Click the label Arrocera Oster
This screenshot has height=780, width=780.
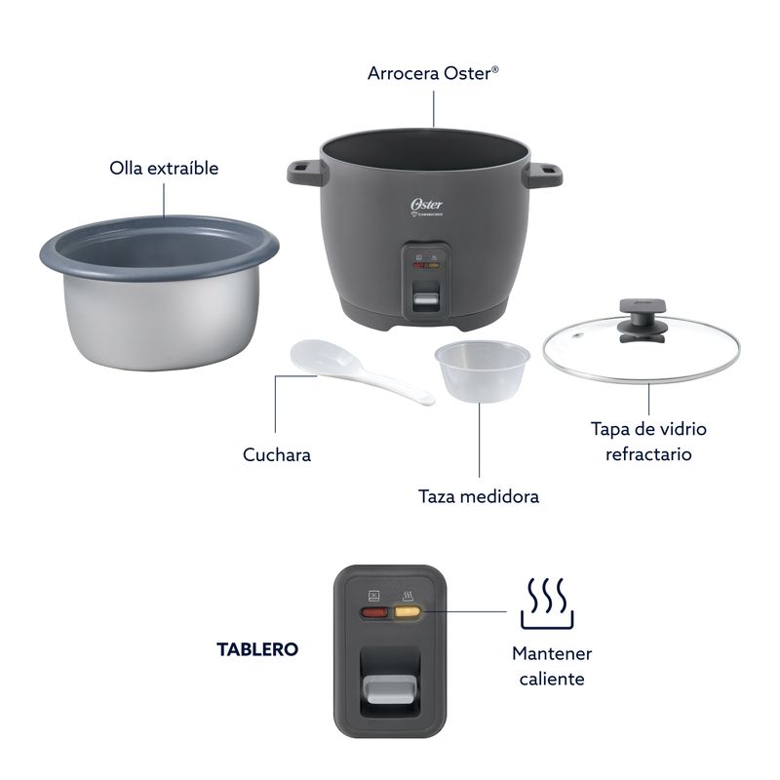tap(433, 73)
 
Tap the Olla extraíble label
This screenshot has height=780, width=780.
tap(164, 168)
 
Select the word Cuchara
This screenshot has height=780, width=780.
tap(277, 454)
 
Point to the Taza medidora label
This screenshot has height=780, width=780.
tap(479, 496)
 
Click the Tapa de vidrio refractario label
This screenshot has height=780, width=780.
tap(648, 442)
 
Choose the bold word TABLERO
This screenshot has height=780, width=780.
tap(257, 649)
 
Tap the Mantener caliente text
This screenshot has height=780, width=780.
tap(552, 666)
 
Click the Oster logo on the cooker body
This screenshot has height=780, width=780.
tap(426, 205)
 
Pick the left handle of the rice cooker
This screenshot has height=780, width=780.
tap(305, 172)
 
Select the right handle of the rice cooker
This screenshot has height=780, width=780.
tap(544, 174)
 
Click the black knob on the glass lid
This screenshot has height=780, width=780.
tap(642, 320)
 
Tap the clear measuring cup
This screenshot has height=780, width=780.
tap(482, 370)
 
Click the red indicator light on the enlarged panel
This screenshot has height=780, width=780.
tap(374, 612)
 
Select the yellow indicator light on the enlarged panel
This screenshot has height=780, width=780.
tap(408, 612)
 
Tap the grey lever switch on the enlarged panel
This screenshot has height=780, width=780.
tap(390, 688)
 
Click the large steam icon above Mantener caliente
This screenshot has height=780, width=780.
tap(547, 603)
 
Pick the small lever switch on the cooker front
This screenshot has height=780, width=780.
tap(426, 299)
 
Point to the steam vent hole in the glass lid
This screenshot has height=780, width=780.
tap(576, 335)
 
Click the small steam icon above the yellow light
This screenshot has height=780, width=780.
tap(408, 596)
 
